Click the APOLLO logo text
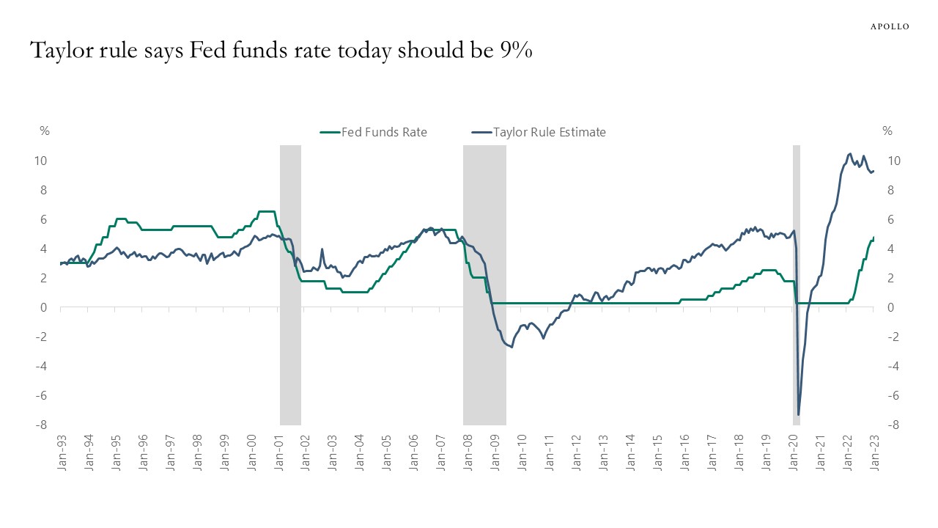point(890,26)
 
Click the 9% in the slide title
point(516,51)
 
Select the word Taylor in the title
point(62,51)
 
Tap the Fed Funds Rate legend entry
point(384,132)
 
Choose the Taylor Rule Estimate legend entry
point(549,132)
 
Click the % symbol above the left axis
point(45,131)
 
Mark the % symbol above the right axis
point(887,131)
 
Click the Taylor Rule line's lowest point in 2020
point(798,415)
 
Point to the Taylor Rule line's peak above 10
point(849,154)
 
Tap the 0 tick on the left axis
point(44,307)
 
